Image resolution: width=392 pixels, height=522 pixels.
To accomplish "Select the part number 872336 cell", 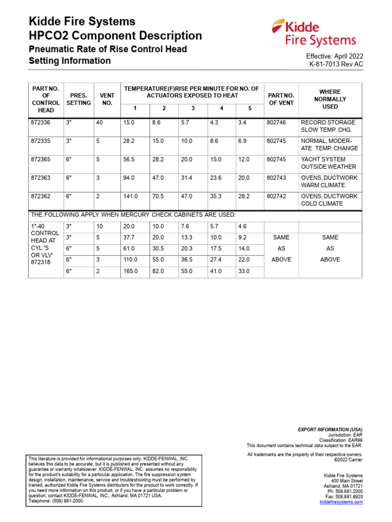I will pyautogui.click(x=41, y=123).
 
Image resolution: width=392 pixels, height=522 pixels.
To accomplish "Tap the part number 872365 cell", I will pyautogui.click(x=41, y=160).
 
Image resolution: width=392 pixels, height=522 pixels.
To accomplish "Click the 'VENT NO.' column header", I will pyautogui.click(x=107, y=99).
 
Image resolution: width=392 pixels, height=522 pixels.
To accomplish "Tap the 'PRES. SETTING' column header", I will pyautogui.click(x=79, y=99).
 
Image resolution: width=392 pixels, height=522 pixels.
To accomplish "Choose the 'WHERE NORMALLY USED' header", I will pyautogui.click(x=330, y=99).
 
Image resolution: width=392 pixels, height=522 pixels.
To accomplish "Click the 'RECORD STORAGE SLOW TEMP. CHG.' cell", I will pyautogui.click(x=329, y=126).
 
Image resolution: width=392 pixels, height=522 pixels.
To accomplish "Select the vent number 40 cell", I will pyautogui.click(x=100, y=123).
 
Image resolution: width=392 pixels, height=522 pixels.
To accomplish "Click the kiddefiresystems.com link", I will pyautogui.click(x=341, y=502).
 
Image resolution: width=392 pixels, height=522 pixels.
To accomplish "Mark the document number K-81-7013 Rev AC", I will pyautogui.click(x=336, y=64).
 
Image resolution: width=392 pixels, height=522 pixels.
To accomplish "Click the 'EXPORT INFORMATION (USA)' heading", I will pyautogui.click(x=330, y=430).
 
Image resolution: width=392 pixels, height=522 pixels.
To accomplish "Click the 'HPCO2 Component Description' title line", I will pyautogui.click(x=115, y=36).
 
